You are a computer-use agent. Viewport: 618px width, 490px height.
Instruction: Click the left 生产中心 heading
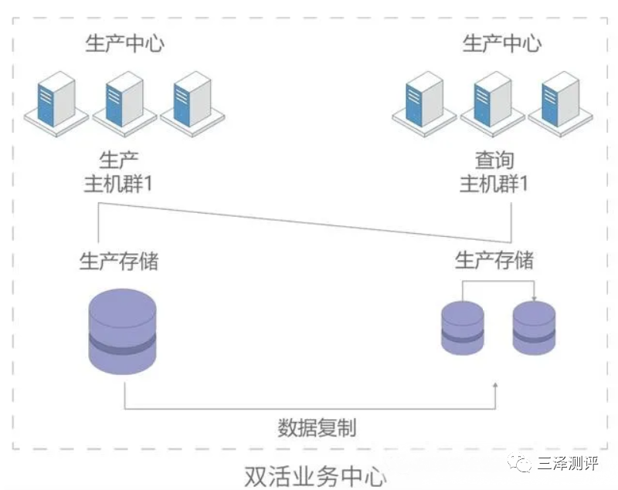124,42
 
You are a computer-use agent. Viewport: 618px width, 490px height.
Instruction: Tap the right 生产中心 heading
501,42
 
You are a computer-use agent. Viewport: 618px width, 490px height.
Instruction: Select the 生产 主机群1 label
124,173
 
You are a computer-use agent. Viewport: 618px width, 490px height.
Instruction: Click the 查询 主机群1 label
494,173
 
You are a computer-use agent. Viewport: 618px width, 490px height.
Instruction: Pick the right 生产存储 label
494,260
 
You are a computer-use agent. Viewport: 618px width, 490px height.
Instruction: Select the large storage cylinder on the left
123,333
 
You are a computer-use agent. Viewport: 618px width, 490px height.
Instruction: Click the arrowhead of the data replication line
495,384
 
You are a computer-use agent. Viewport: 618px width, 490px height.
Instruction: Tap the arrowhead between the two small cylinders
535,297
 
